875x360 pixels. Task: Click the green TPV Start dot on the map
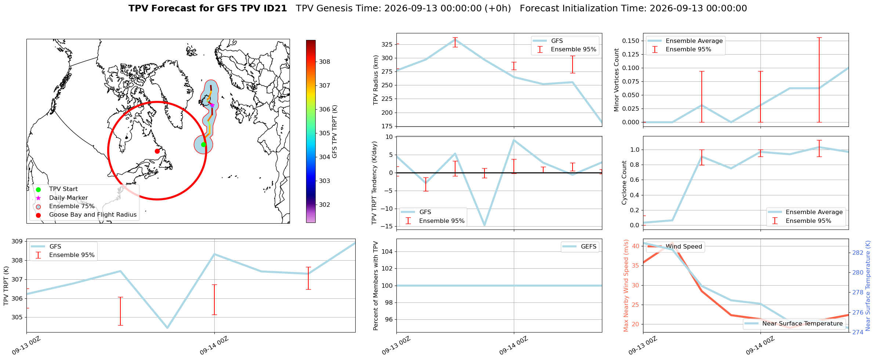tap(203, 144)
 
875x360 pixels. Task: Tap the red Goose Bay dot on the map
tap(157, 151)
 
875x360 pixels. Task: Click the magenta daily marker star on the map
tap(212, 105)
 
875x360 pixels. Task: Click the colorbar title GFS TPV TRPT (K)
tap(334, 132)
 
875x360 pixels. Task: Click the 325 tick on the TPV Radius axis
tap(387, 44)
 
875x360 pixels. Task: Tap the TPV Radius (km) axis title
tap(375, 80)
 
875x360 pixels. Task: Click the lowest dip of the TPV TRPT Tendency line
tap(484, 225)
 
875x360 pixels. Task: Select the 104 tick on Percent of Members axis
tap(387, 251)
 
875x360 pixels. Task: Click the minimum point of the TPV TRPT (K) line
tap(167, 328)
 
